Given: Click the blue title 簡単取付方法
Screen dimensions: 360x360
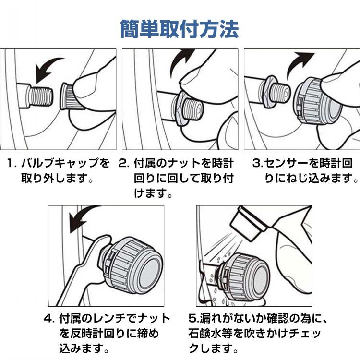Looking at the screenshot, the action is coord(180,29).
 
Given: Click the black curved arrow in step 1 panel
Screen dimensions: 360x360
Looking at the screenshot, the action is coord(47,68).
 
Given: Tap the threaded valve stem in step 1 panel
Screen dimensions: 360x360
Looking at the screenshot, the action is coord(40,96).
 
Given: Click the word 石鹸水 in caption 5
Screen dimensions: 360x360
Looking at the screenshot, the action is coord(211,334).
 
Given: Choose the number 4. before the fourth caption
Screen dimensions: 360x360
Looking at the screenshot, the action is coord(49,319).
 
